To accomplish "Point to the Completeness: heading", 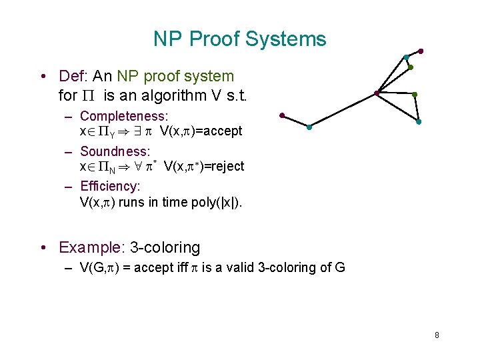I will pos(123,117).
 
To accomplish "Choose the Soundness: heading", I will pos(115,151).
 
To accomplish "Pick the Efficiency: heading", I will pos(110,187).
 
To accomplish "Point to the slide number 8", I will pos(437,335).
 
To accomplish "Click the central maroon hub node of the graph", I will pos(377,93).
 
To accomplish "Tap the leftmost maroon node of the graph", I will pos(283,115).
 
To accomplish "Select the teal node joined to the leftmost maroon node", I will pos(309,127).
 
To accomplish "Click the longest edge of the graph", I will pos(343,110).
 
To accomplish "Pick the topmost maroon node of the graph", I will pos(421,51).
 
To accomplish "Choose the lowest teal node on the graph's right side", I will pos(418,122).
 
